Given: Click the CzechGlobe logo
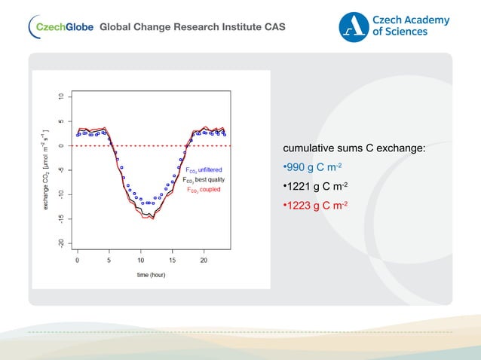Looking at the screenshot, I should tap(60, 27).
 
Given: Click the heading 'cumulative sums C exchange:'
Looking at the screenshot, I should tap(354, 148).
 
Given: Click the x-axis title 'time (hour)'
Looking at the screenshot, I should tap(151, 275).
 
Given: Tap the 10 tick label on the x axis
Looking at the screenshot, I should tap(140, 260).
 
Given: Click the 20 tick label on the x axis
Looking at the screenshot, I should tap(204, 260).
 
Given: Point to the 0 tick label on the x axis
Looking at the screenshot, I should tap(78, 260).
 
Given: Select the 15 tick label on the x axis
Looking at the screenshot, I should tap(172, 260).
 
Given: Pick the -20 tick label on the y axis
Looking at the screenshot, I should tap(60, 243).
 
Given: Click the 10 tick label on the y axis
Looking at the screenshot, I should tap(60, 96).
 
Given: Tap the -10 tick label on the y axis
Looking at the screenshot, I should tap(60, 194).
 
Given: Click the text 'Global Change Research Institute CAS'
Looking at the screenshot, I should tap(192, 28).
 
